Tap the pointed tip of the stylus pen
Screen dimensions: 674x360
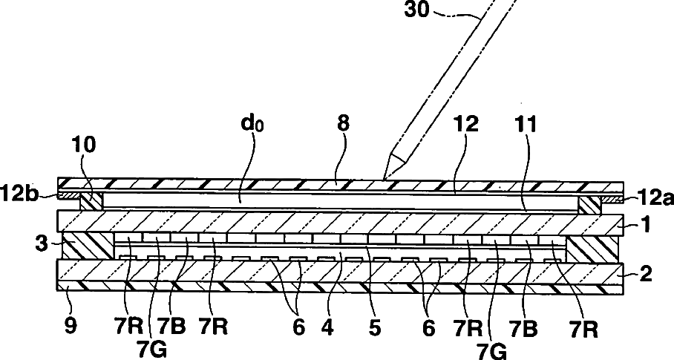pos(385,176)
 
